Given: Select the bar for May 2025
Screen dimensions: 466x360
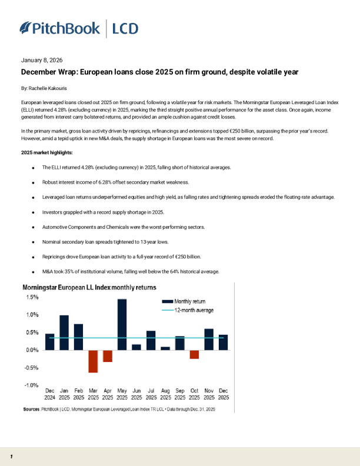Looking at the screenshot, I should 122,324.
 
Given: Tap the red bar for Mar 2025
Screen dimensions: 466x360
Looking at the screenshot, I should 93,361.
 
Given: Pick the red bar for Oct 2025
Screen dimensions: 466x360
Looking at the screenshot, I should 194,354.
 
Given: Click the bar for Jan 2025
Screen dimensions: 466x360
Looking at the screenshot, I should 64,332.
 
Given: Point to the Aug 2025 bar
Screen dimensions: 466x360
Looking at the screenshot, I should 165,348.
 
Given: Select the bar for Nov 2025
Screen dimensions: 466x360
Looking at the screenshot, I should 209,339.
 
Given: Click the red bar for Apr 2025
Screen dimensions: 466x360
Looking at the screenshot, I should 108,356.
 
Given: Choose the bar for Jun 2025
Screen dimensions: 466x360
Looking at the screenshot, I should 136,347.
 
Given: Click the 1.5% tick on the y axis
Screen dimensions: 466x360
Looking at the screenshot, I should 32,298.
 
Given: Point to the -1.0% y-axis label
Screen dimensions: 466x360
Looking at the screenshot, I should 31,385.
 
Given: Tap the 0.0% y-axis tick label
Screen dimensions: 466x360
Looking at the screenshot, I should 32,350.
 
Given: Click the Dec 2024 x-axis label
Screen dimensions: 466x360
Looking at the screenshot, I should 49,394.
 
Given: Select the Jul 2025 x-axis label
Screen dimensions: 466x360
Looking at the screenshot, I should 151,394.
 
